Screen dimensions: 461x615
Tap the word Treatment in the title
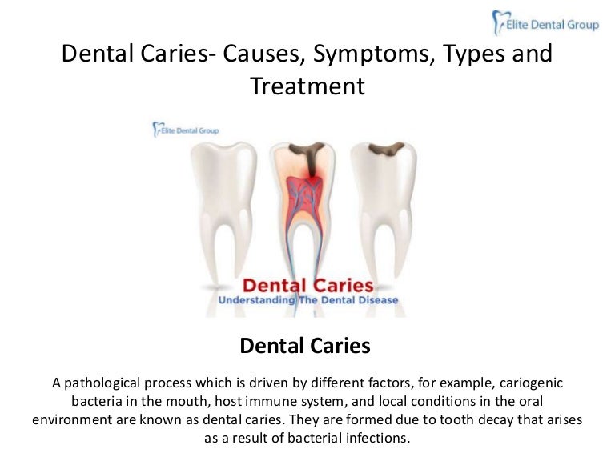[307, 86]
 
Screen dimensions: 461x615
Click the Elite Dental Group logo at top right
[545, 24]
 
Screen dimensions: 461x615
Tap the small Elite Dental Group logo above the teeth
[185, 130]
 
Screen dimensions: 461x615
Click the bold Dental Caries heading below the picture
[305, 346]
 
